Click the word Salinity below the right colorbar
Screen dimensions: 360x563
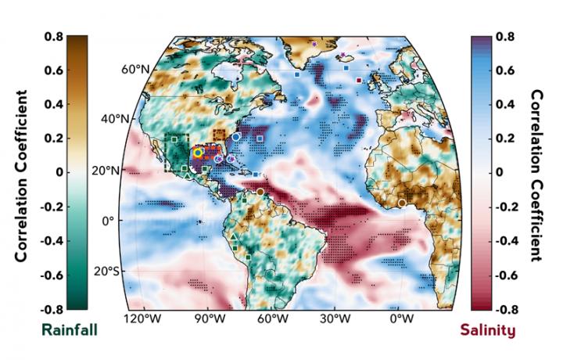coord(487,329)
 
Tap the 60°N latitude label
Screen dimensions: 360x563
coord(134,70)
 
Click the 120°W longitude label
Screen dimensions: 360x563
coord(138,319)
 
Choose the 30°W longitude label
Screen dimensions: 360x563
coord(335,319)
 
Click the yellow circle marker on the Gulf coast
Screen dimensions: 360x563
coord(199,153)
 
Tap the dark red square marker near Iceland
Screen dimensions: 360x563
coord(359,80)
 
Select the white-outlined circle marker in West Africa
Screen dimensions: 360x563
coord(402,203)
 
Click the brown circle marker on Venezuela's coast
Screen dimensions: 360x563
coord(260,192)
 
